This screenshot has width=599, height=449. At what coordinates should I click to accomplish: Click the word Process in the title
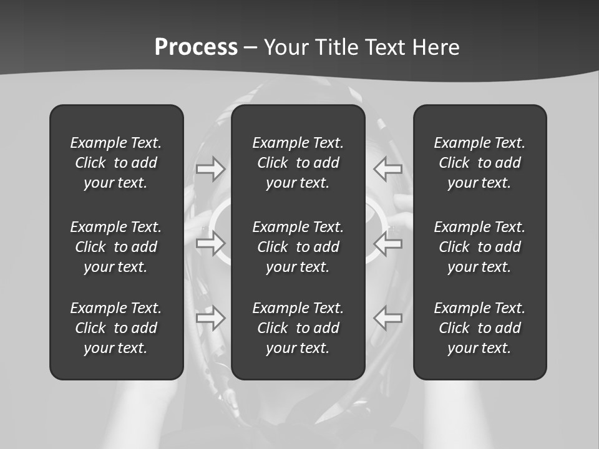pyautogui.click(x=196, y=47)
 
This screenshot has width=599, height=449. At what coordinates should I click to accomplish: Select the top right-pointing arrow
pyautogui.click(x=211, y=168)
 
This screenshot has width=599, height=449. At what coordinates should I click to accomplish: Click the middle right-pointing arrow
pyautogui.click(x=211, y=243)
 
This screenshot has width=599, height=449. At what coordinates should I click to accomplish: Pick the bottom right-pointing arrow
pyautogui.click(x=211, y=318)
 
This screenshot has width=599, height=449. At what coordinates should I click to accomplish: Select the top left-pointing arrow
pyautogui.click(x=388, y=168)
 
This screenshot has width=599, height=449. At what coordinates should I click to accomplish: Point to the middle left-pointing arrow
pyautogui.click(x=388, y=243)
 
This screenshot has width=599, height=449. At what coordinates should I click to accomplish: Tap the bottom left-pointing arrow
pyautogui.click(x=388, y=318)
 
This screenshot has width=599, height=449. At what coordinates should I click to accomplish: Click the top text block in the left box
pyautogui.click(x=116, y=163)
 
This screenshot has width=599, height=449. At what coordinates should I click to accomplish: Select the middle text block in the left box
pyautogui.click(x=116, y=247)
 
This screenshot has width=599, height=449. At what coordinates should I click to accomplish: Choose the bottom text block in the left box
pyautogui.click(x=116, y=328)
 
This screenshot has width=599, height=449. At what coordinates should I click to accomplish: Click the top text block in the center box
pyautogui.click(x=298, y=163)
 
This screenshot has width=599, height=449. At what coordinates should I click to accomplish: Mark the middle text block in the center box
pyautogui.click(x=298, y=247)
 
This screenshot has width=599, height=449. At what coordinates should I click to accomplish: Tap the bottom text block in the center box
pyautogui.click(x=298, y=328)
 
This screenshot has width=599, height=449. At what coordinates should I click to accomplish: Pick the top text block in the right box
pyautogui.click(x=480, y=163)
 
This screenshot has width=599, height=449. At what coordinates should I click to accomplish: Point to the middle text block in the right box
pyautogui.click(x=480, y=247)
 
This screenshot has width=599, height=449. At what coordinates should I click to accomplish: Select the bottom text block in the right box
pyautogui.click(x=480, y=328)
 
